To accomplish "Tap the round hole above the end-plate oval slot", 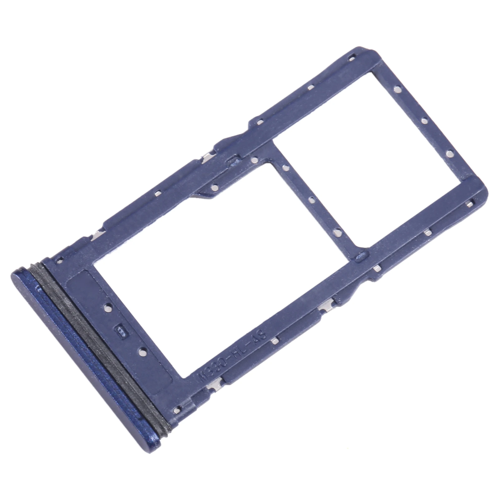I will coord(108,307).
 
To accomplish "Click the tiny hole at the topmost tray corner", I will coord(352,57).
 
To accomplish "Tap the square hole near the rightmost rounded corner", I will coord(468,204).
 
